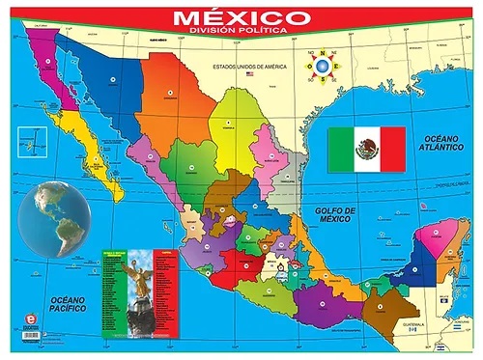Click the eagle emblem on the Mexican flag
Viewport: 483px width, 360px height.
tap(366, 150)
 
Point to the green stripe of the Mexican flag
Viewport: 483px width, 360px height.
tap(340, 150)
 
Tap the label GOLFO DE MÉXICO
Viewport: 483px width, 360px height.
tap(337, 213)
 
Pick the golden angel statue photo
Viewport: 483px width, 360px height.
tap(139, 295)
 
